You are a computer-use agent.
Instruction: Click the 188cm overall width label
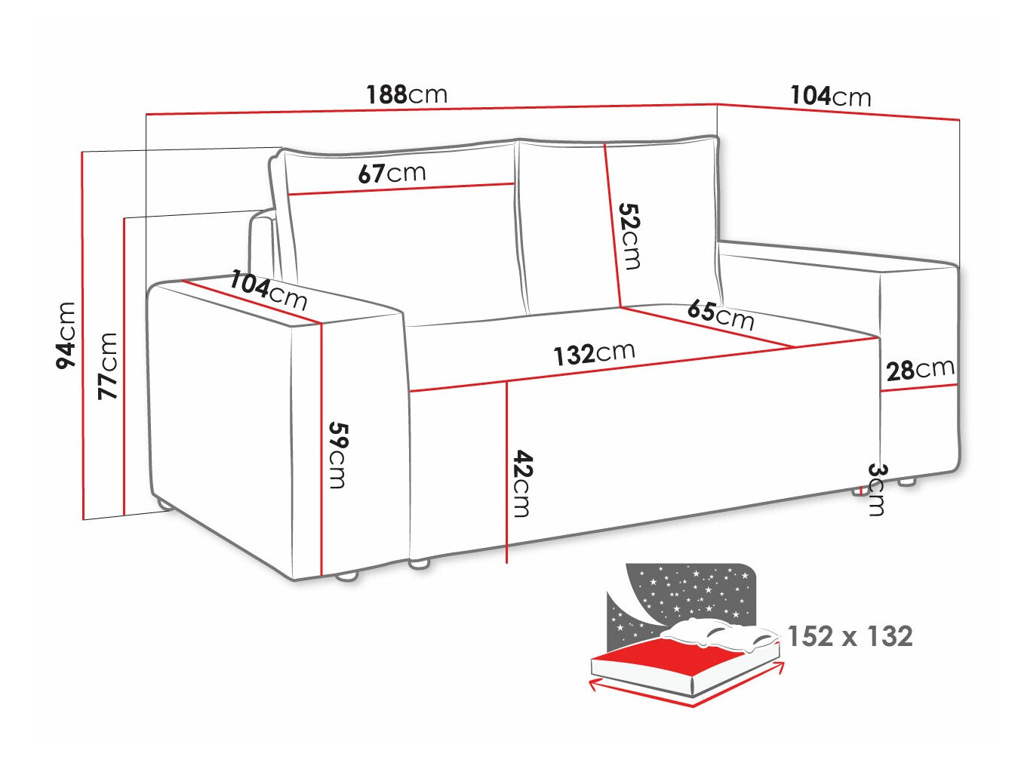[x=407, y=94]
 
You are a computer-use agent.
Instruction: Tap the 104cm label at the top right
[x=830, y=96]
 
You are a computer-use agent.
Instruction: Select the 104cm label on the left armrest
[x=269, y=291]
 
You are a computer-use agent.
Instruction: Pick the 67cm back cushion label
[x=392, y=174]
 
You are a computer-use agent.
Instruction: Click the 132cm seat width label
[x=594, y=353]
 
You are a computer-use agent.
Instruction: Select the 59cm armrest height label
[x=337, y=454]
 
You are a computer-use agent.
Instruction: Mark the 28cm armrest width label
[x=920, y=370]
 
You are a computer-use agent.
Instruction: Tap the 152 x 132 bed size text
[x=850, y=636]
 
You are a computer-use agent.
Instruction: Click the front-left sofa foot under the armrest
[x=346, y=577]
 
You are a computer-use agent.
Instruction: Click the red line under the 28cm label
[x=918, y=388]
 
